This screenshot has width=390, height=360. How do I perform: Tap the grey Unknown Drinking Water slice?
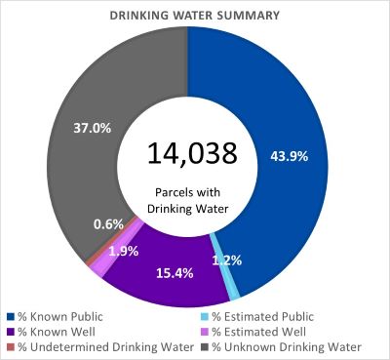[93, 107]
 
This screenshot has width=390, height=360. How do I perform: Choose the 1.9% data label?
[122, 250]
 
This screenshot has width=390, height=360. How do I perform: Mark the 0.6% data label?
[107, 224]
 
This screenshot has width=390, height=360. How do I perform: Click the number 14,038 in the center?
[191, 153]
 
